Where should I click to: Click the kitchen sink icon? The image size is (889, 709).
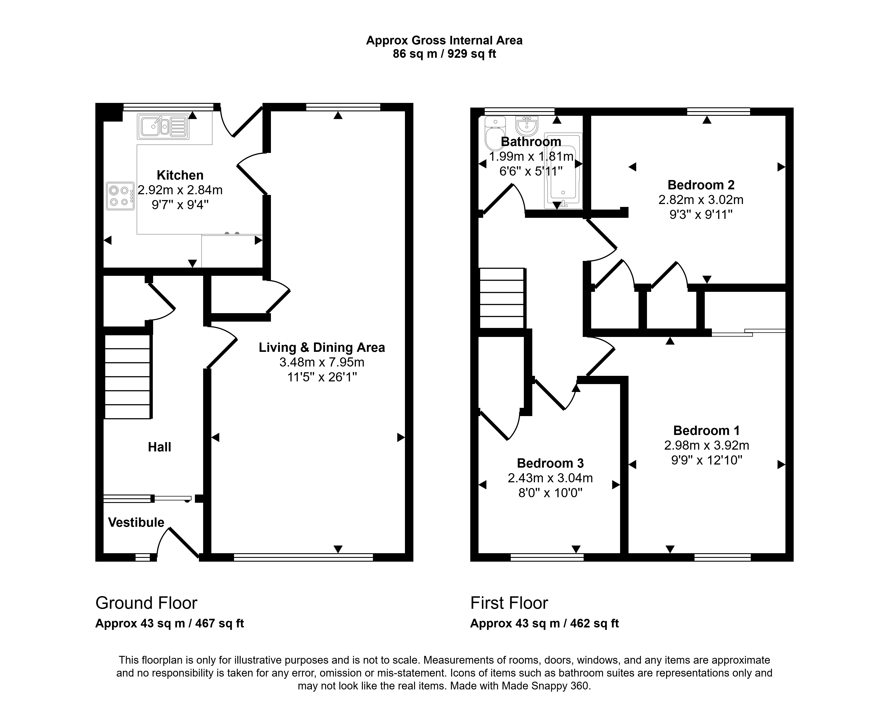tap(163, 126)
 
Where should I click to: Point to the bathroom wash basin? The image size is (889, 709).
tap(527, 126)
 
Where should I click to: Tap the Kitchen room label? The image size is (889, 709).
tap(180, 175)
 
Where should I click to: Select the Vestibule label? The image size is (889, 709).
tap(136, 523)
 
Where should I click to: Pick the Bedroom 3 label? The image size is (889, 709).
tap(551, 463)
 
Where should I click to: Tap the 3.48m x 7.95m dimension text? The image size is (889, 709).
tap(322, 362)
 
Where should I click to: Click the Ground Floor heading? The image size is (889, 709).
tap(146, 603)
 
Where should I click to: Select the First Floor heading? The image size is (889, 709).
tap(509, 603)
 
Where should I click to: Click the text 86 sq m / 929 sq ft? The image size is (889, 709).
tap(444, 54)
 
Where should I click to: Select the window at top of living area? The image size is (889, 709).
tap(343, 107)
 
